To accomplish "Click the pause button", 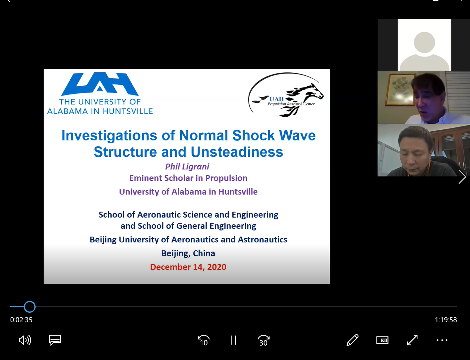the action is point(234,340).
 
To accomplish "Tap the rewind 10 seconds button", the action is point(203,340).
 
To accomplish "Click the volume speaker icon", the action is point(25,340).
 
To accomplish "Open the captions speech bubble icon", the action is point(55,340).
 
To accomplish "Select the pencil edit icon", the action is point(352,340).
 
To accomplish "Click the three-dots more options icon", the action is point(442,340).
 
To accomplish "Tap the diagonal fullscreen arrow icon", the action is point(412,340).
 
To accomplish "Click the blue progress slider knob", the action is point(30,307).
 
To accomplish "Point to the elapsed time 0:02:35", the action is point(21,320).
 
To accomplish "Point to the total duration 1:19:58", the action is point(446,320).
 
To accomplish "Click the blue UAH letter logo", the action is point(100,84).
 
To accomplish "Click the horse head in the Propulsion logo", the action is point(313,91).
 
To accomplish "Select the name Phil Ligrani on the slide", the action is point(187,167).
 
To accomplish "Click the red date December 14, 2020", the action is point(188,267).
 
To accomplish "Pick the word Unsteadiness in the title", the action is point(237,152).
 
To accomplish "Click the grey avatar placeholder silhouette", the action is point(424,51).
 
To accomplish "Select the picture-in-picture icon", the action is point(382,340).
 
